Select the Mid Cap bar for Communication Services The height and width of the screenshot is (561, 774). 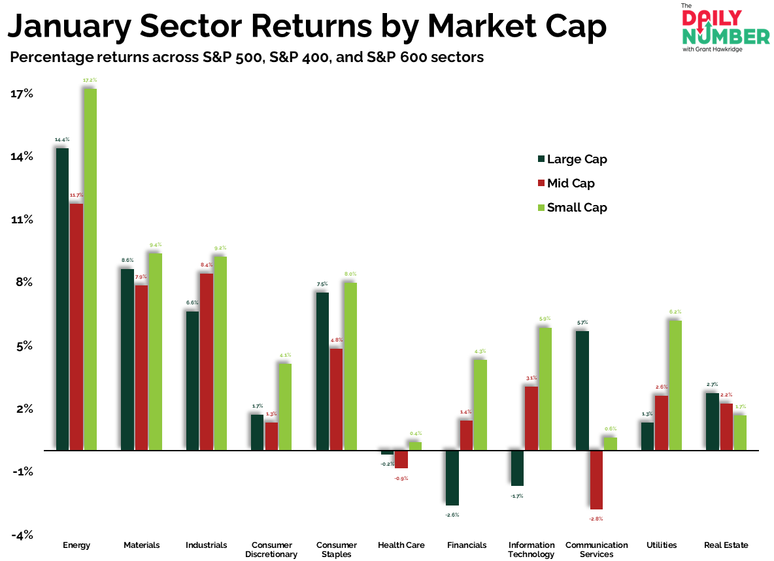[596, 479]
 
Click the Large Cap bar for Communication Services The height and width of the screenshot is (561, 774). [582, 391]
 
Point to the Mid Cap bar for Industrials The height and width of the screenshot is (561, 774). [207, 362]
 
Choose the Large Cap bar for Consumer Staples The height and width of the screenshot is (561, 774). [322, 371]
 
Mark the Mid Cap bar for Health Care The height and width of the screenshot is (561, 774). [401, 459]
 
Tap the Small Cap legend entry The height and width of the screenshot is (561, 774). [571, 208]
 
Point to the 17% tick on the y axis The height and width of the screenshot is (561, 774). [22, 94]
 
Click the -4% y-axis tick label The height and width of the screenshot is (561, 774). [22, 536]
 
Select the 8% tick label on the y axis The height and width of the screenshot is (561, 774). [25, 283]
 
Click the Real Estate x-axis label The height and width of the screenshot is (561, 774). [726, 545]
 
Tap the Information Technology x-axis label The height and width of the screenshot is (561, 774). [531, 549]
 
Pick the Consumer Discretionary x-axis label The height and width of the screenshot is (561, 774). [271, 549]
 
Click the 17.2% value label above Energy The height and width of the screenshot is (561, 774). [90, 80]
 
